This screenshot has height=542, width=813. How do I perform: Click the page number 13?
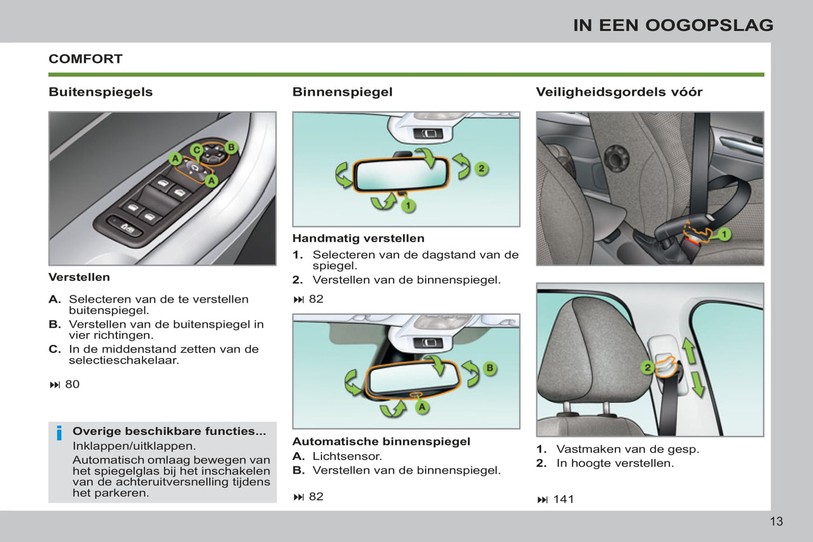tap(776, 521)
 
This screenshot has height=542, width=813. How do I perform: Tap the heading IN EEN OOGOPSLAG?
tap(673, 25)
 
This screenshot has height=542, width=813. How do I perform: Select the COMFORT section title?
tap(86, 59)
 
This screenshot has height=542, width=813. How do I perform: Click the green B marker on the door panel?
tap(231, 147)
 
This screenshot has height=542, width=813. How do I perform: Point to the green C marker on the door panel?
tap(196, 150)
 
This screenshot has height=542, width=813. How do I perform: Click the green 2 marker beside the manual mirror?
tap(481, 168)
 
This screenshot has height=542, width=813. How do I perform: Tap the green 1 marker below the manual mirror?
tap(408, 206)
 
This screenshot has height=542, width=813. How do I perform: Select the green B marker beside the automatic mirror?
tap(489, 368)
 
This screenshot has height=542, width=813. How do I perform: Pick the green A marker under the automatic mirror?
tap(422, 407)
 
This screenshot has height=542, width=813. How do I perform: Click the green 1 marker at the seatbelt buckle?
tap(725, 234)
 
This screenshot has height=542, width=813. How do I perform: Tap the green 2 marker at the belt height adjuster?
tap(648, 368)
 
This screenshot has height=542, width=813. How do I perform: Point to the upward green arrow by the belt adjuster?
tap(689, 350)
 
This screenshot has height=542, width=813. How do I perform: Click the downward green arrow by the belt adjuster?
tap(698, 385)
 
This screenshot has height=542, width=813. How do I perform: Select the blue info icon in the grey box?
tap(59, 433)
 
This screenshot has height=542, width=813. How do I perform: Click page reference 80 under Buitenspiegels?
tap(72, 385)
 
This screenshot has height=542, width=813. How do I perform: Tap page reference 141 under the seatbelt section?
tap(563, 499)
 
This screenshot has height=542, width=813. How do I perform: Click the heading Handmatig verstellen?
tap(358, 238)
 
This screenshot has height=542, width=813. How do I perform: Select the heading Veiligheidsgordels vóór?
tap(619, 92)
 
